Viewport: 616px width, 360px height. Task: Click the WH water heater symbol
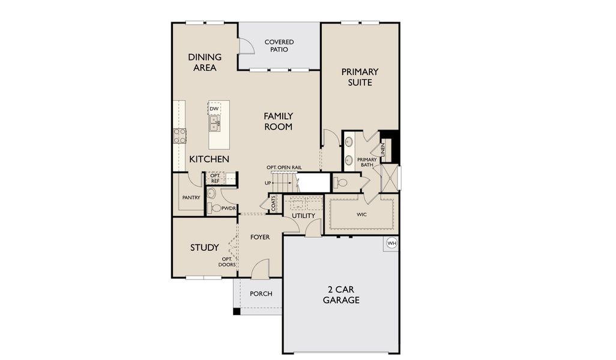pos(391,243)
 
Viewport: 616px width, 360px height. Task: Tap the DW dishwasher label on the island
pos(214,109)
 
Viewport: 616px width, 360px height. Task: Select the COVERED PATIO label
pos(279,46)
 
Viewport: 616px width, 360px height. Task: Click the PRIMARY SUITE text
pos(360,77)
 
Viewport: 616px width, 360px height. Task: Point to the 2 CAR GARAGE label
pos(341,295)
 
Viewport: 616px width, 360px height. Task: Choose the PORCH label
pos(261,293)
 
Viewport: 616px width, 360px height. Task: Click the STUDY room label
pos(204,247)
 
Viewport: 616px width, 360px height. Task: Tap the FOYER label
pos(260,237)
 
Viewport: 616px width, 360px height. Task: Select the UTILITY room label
pos(303,215)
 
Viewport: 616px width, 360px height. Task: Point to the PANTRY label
pos(191,197)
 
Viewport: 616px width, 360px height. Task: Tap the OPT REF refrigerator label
pos(214,178)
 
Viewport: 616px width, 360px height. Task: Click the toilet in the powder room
pos(216,208)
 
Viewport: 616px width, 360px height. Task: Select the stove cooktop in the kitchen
pos(180,136)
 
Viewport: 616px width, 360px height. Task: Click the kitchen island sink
pos(214,124)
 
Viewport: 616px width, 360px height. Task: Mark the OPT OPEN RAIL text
pos(284,167)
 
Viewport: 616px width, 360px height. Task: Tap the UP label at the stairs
pos(268,182)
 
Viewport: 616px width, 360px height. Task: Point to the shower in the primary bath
pos(389,179)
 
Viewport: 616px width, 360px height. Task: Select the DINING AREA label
pos(205,62)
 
